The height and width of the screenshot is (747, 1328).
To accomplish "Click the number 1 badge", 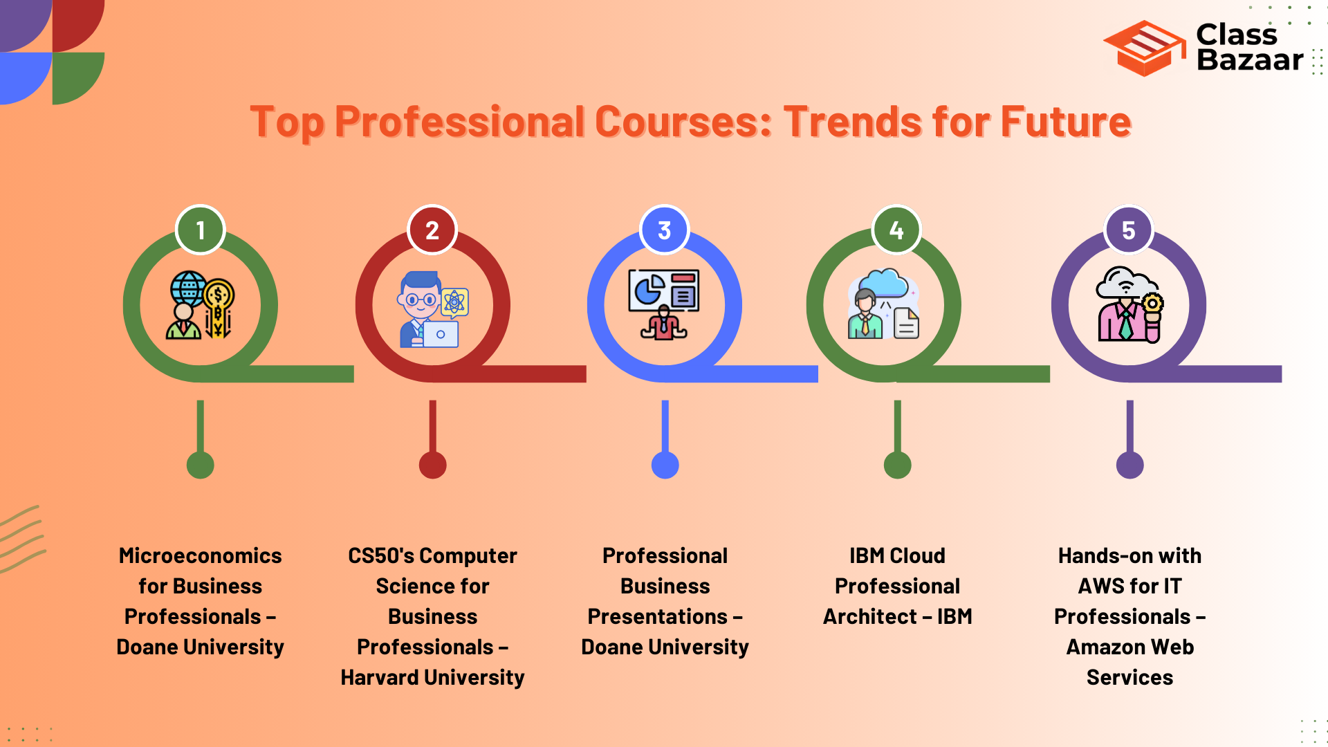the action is point(201,230).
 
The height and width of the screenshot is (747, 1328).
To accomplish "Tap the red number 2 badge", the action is point(432,230).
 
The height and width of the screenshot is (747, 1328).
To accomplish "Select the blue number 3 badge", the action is point(665,230).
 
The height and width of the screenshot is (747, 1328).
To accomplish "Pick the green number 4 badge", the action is point(897,230).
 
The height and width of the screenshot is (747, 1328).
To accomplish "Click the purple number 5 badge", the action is point(1129,230).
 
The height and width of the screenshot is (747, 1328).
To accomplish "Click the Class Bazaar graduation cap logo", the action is point(1145,48).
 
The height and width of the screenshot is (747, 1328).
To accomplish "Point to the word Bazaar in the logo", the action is point(1250,60).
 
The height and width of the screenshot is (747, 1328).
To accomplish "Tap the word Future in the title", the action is point(1066,122).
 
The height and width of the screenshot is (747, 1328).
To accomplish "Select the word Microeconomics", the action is point(201,555).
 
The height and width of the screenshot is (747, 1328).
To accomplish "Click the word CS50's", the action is point(380,555).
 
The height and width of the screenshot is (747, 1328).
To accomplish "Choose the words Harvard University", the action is point(433,677).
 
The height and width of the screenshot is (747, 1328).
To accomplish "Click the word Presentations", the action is point(658,616).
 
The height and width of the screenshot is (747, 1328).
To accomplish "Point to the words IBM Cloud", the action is point(897,555).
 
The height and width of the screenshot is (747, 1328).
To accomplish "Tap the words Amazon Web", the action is point(1130,647).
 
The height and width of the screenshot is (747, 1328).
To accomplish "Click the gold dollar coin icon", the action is point(219,295).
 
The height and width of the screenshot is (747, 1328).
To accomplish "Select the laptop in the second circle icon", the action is point(441,334).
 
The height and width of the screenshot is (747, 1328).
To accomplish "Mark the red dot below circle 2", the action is point(433,465).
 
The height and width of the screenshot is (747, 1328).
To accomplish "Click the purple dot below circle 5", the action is point(1130,465).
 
